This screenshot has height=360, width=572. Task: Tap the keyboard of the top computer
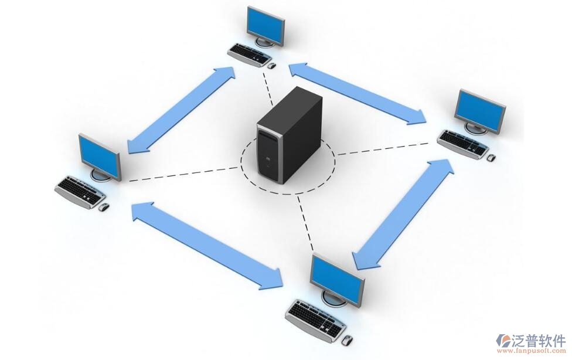pos(250,54)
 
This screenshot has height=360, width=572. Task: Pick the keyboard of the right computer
pos(462,143)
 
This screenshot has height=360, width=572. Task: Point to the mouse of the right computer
pos(491,158)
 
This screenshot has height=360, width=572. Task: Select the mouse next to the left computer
pos(103,207)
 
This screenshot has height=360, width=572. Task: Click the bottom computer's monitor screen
pos(336,278)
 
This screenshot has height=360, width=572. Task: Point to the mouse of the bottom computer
pos(347,339)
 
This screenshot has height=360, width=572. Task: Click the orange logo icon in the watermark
pos(503,339)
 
